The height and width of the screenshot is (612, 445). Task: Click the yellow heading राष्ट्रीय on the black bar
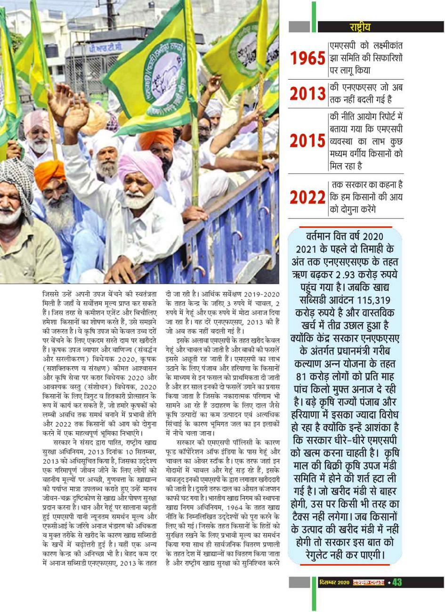(360, 27)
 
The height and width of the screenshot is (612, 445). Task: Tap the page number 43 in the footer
(397, 582)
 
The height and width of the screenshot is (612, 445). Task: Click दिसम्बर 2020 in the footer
(334, 582)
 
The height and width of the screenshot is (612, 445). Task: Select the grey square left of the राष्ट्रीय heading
(299, 27)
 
